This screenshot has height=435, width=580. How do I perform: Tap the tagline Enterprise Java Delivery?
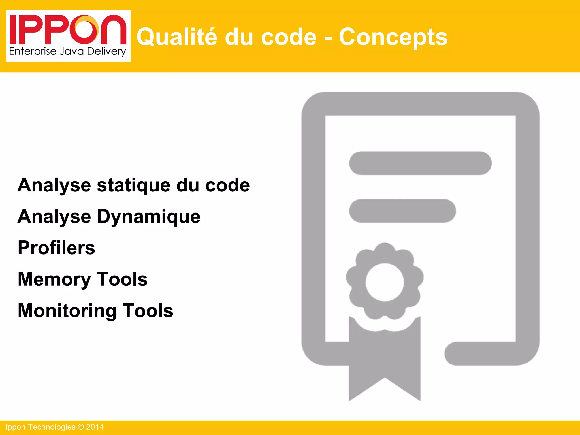pos(67,52)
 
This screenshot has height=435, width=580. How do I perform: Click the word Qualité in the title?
pos(177,37)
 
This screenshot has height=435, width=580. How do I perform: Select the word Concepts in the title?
pos(393,37)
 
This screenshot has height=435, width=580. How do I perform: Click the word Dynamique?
pos(149,217)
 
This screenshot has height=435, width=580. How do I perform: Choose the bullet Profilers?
pos(56,248)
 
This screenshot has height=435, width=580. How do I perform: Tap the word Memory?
pos(54,280)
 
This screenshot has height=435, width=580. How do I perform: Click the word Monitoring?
pos(67,311)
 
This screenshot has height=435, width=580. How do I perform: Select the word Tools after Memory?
pos(122,279)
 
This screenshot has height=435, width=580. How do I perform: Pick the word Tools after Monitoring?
pos(148,311)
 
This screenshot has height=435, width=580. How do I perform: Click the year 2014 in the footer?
pos(95,427)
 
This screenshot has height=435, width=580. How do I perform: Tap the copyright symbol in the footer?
pos(81,427)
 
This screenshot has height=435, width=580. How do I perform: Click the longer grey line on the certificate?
pos(420,163)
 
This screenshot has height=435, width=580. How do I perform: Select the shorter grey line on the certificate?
pos(402,211)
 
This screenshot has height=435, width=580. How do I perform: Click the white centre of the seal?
pos(385,282)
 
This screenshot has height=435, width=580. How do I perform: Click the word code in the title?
pos(289,37)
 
